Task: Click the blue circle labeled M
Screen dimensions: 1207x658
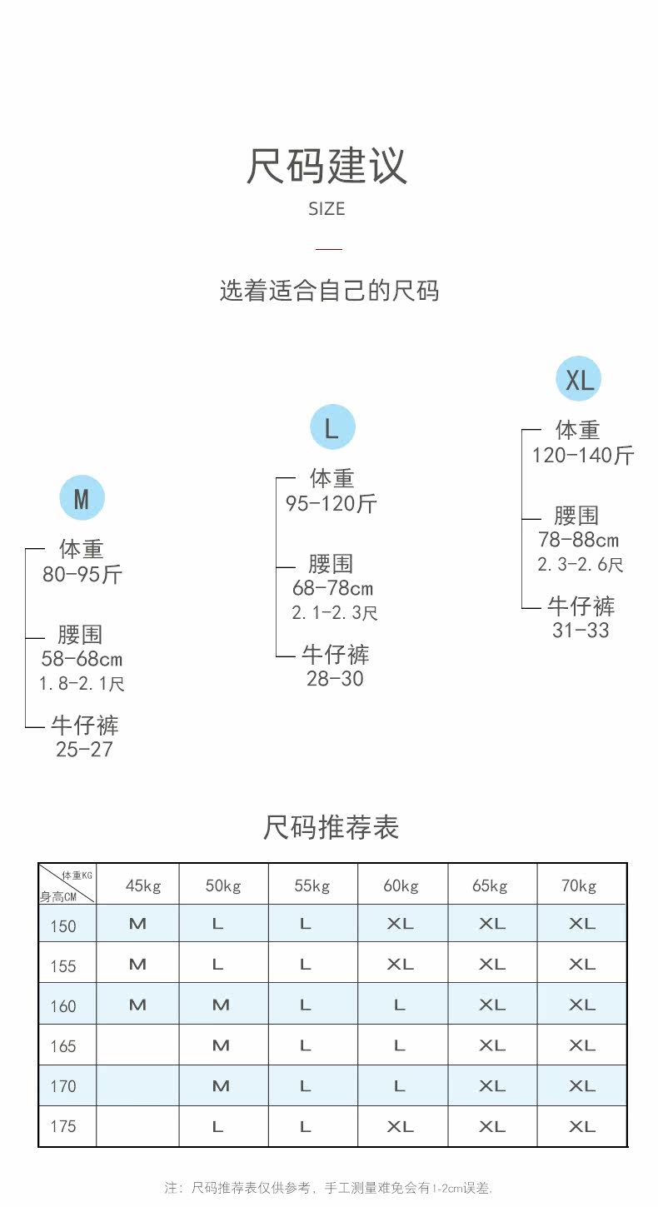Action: pyautogui.click(x=82, y=499)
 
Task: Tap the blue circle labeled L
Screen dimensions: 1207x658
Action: pyautogui.click(x=332, y=428)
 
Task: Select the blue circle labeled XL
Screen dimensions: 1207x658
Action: pyautogui.click(x=578, y=380)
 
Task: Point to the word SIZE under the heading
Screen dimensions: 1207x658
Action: pyautogui.click(x=327, y=209)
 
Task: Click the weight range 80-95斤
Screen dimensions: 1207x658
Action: pyautogui.click(x=82, y=575)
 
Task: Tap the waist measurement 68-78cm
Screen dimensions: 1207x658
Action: pyautogui.click(x=332, y=588)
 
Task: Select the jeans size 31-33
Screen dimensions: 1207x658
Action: pyautogui.click(x=581, y=631)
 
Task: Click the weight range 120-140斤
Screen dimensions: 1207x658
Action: pyautogui.click(x=583, y=455)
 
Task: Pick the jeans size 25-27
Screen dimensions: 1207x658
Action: pyautogui.click(x=84, y=749)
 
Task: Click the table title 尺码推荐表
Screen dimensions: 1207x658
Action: pyautogui.click(x=331, y=827)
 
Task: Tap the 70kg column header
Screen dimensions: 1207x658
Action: pyautogui.click(x=579, y=885)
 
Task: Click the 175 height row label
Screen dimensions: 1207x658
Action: pyautogui.click(x=63, y=1126)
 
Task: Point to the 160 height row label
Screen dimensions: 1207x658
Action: pyautogui.click(x=63, y=1005)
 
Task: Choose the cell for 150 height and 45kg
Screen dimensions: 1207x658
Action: pyautogui.click(x=137, y=924)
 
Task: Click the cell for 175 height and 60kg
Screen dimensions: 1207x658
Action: pyautogui.click(x=400, y=1126)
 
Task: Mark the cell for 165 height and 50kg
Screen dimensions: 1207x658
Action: pyautogui.click(x=221, y=1045)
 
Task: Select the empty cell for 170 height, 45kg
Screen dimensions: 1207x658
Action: pyautogui.click(x=137, y=1085)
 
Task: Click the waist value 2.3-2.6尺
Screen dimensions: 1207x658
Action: pyautogui.click(x=581, y=564)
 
